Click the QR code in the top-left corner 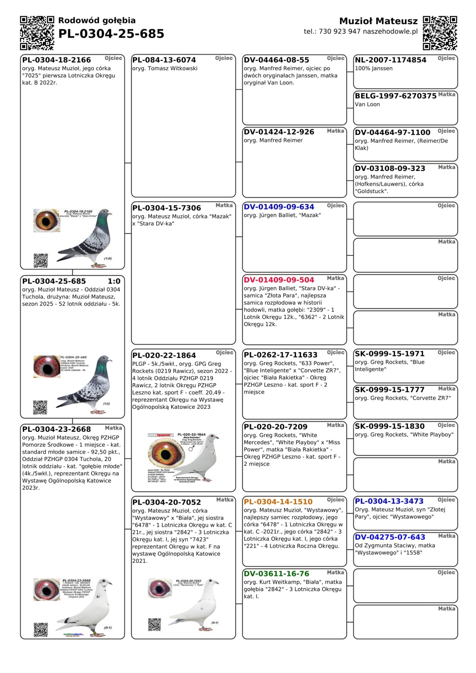(37, 33)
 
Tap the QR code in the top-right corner (440, 33)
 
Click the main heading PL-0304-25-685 (111, 34)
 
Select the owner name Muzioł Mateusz (378, 21)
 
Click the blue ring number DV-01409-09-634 (279, 207)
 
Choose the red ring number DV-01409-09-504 (279, 280)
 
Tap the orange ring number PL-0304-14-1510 (278, 502)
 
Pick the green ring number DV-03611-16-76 (276, 574)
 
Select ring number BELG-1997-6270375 (395, 96)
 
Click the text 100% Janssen (374, 69)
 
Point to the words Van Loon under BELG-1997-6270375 (367, 105)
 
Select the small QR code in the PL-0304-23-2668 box (40, 630)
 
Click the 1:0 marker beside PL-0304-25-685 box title (114, 281)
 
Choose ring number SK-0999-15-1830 (390, 426)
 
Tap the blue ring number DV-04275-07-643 (390, 537)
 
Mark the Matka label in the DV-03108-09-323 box (446, 167)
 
